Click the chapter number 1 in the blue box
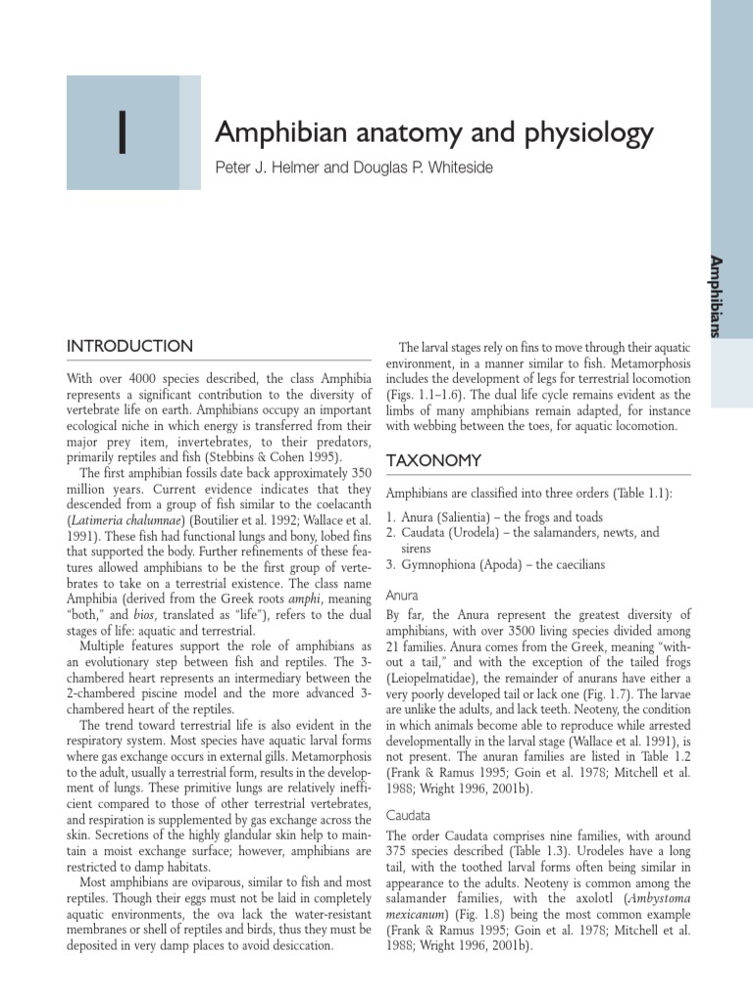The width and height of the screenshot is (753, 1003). coord(122,134)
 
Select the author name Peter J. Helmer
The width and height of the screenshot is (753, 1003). coord(268,167)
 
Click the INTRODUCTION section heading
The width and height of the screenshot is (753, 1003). coord(129,347)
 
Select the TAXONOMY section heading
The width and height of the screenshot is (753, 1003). coord(433,460)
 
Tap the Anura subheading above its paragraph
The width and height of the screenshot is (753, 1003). coord(403,595)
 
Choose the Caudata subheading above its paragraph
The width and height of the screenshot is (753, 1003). coord(408,815)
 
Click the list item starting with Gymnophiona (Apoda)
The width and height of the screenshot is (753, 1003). coord(495,565)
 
